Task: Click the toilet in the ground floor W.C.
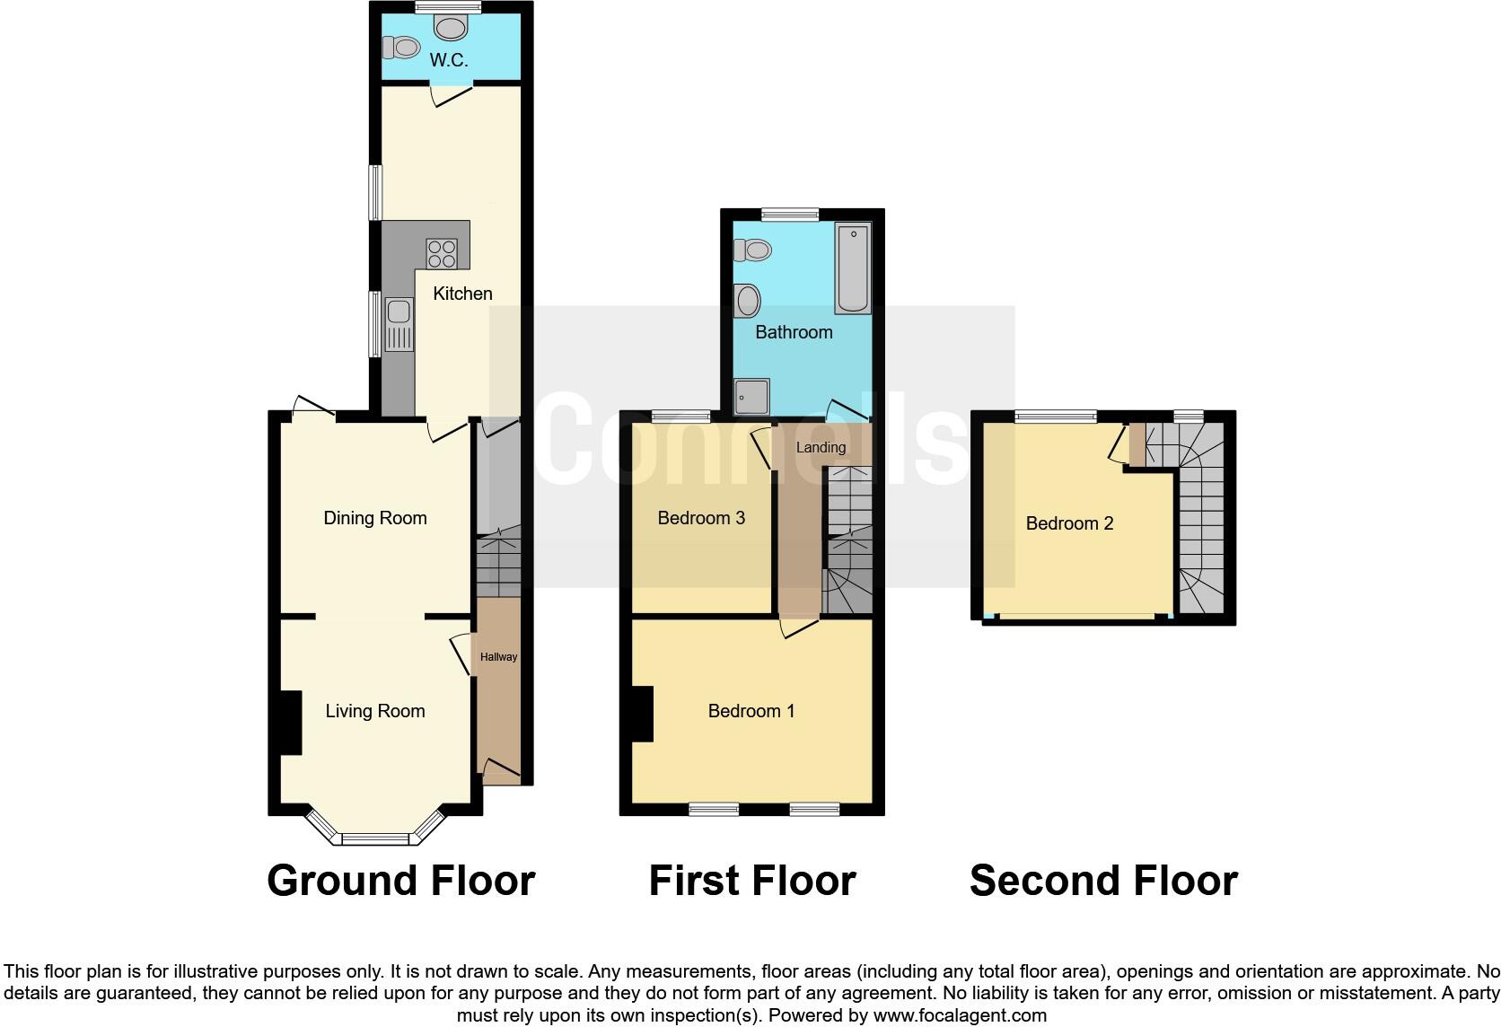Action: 400,46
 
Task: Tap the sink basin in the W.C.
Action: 450,27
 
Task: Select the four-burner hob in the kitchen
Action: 442,252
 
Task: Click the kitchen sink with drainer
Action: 399,325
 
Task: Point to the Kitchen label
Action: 462,294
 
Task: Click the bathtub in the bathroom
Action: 852,268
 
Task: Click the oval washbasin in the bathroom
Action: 747,301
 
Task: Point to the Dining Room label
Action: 374,518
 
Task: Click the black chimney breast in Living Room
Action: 288,723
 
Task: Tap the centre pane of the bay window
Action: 375,839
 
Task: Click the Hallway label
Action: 498,657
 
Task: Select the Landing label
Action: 821,447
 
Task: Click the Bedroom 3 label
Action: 701,518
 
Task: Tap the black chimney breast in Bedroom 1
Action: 641,714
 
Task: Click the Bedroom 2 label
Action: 1069,523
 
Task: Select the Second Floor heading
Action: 1103,881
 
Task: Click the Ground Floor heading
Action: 400,881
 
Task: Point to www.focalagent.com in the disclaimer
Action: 959,1015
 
